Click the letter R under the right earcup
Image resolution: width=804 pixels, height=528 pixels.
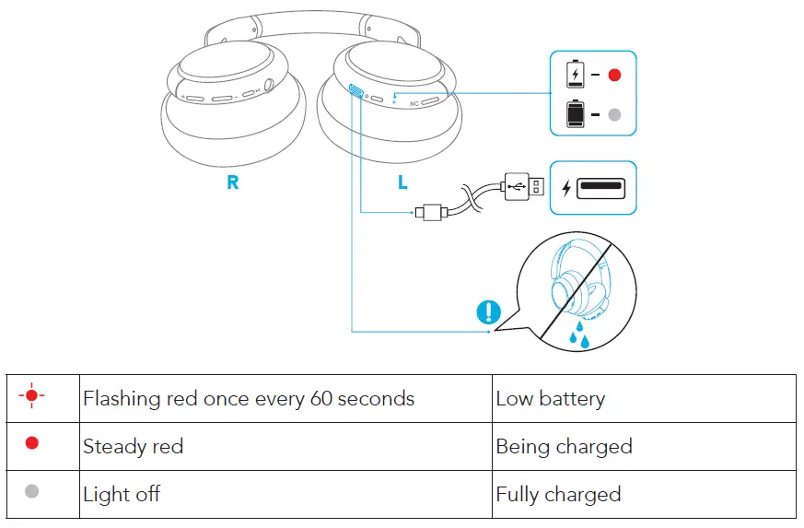233,182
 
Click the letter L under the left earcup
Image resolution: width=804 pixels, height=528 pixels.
402,182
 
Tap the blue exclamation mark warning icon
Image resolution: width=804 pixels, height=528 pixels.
488,312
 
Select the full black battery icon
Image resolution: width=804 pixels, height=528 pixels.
575,113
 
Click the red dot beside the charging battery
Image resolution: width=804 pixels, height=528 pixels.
615,74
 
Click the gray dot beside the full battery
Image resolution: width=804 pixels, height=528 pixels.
615,114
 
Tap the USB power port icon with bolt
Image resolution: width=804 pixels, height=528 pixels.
593,188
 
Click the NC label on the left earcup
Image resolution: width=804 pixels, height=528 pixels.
414,104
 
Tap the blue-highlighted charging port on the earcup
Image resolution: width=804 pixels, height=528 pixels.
355,91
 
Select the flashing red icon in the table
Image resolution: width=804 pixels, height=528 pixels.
32,397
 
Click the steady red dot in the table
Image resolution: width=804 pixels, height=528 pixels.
32,444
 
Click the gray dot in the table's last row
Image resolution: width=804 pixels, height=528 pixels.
32,492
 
